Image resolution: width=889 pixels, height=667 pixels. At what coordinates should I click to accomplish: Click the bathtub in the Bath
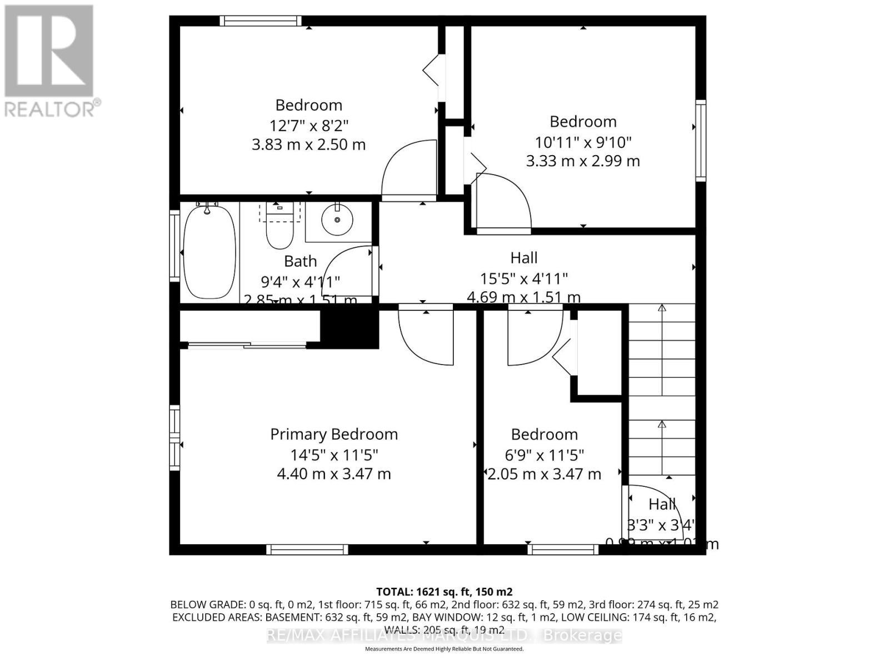click(209, 251)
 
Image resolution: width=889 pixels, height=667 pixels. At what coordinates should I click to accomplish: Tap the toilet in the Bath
click(279, 231)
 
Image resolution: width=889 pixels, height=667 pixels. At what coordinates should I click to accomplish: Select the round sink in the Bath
click(337, 220)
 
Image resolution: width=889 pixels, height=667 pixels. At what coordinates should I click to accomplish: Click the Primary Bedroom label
click(333, 434)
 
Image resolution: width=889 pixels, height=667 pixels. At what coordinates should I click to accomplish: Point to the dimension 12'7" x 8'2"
click(308, 125)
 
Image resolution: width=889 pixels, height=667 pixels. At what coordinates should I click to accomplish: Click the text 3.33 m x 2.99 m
click(583, 161)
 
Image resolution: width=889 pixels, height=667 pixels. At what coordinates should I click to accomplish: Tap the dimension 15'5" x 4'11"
click(524, 277)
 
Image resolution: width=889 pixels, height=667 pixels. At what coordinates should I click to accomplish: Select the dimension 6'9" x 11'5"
click(544, 455)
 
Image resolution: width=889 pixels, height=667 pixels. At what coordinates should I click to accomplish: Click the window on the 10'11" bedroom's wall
click(701, 141)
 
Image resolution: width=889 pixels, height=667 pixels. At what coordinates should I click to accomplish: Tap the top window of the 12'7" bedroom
click(260, 21)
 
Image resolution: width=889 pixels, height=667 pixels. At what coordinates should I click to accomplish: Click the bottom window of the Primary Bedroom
click(307, 549)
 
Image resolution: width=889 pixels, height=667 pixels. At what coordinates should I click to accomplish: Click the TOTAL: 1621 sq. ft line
click(444, 591)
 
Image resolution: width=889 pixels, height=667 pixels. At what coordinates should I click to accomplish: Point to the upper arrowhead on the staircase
click(662, 307)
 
